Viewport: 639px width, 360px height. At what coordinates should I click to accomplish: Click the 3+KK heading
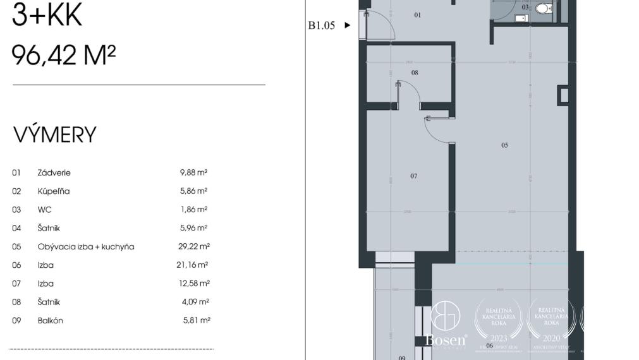[x=47, y=15]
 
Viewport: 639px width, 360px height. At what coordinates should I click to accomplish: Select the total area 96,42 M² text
[x=64, y=56]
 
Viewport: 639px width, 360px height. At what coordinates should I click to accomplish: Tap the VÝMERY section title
[x=55, y=135]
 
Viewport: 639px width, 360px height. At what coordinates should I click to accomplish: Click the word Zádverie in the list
[x=54, y=172]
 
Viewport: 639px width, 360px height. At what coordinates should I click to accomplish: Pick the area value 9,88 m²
[x=193, y=172]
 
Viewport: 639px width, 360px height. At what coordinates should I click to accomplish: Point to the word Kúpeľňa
[x=54, y=191]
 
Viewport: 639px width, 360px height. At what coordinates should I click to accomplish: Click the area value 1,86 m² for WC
[x=193, y=209]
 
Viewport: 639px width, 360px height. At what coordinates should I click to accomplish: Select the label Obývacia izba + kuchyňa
[x=86, y=246]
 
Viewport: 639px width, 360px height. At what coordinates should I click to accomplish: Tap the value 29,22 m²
[x=193, y=246]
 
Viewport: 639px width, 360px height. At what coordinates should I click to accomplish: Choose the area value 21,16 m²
[x=193, y=265]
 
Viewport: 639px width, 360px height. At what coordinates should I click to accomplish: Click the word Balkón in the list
[x=51, y=320]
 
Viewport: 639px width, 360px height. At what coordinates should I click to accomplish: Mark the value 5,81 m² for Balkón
[x=196, y=320]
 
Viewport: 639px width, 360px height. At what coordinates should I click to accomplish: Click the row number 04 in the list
[x=16, y=228]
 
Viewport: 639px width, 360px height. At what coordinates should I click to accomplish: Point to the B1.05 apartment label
[x=321, y=26]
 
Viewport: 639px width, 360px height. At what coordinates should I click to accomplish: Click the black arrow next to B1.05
[x=347, y=26]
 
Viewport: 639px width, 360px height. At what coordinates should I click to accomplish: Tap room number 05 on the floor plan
[x=504, y=145]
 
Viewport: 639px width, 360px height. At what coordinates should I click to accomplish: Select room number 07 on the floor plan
[x=413, y=176]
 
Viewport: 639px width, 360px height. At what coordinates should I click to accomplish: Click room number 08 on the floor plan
[x=415, y=73]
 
